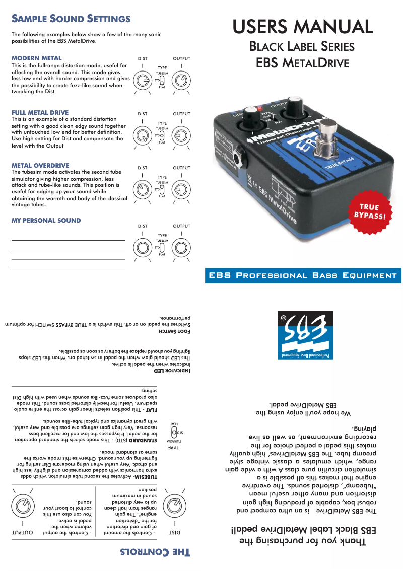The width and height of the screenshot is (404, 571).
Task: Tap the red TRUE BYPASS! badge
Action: tap(372, 211)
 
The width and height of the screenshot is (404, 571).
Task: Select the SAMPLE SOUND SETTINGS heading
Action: tap(71, 19)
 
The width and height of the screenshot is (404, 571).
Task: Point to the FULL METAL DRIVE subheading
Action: tap(40, 112)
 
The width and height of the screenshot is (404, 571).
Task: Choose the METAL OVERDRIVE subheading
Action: tap(40, 165)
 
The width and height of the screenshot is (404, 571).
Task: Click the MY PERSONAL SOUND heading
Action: tap(46, 221)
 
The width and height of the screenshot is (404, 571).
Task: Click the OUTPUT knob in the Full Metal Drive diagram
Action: tap(181, 135)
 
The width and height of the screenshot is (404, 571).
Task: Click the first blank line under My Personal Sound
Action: tap(68, 240)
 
